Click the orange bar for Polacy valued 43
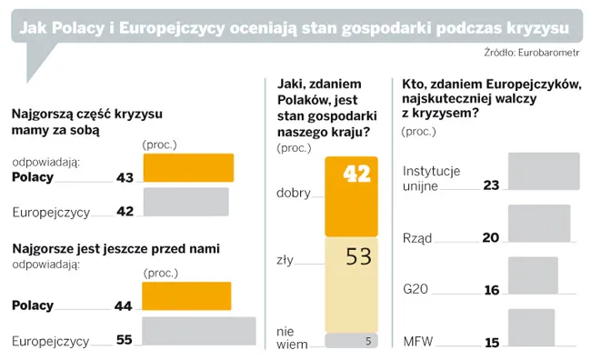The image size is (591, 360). (188, 168)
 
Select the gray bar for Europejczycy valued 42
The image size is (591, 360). (186, 202)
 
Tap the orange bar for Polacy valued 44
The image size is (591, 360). (187, 296)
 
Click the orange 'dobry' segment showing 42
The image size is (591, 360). (352, 195)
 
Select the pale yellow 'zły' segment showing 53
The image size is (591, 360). (352, 283)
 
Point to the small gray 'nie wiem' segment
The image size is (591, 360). (352, 342)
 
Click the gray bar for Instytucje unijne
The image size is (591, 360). (543, 171)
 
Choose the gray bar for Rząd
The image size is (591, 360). (538, 224)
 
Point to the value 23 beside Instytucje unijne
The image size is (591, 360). (492, 185)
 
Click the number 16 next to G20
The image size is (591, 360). (492, 290)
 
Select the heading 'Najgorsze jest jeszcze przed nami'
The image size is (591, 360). (115, 247)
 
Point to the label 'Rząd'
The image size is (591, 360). (416, 238)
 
